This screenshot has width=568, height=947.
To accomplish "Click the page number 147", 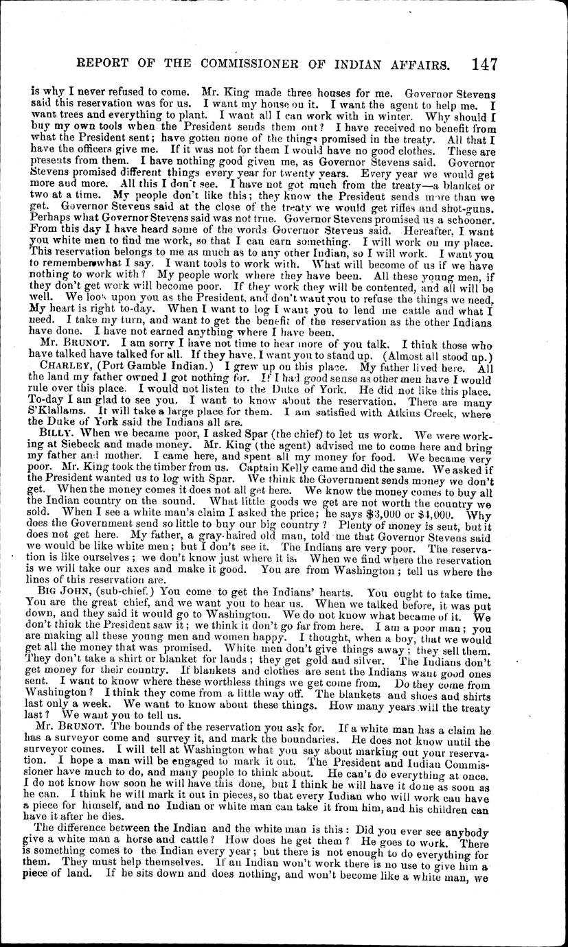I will coord(484,65).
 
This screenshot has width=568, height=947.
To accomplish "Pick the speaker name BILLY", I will coord(54,434).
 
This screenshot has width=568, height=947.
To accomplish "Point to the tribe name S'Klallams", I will coord(54,414).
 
